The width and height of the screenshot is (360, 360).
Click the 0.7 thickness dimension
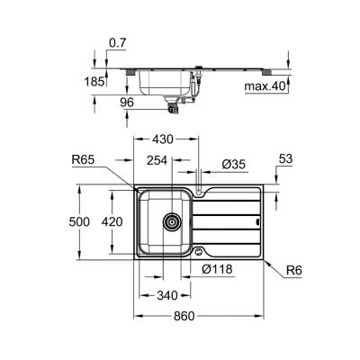tap(117, 43)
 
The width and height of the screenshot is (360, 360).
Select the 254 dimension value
tap(157, 163)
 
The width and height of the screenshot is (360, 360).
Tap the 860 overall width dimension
tap(198, 317)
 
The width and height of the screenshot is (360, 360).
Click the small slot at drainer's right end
tap(258, 220)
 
